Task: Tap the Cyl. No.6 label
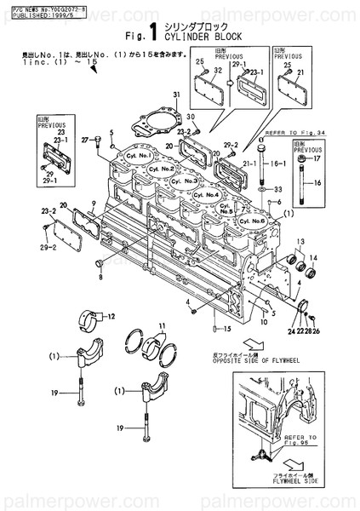tap(256, 221)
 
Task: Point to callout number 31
tap(178, 94)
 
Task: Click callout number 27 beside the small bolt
tap(86, 139)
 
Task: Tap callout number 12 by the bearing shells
tap(109, 316)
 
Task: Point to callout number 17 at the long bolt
tap(317, 159)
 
